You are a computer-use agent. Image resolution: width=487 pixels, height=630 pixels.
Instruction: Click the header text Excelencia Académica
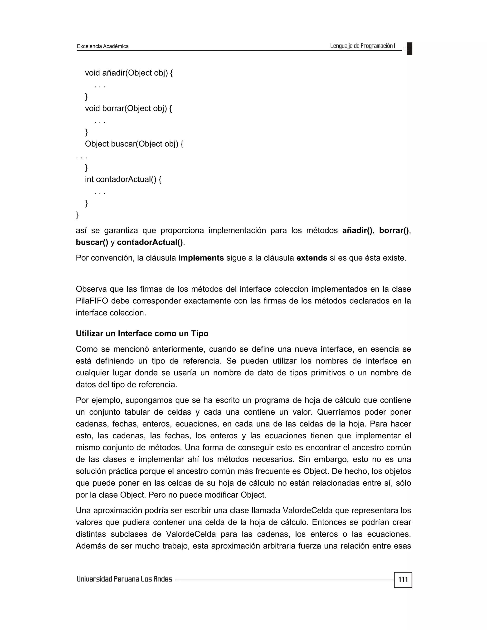tap(103, 46)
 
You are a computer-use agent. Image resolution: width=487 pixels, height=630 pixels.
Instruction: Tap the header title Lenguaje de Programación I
tap(362, 46)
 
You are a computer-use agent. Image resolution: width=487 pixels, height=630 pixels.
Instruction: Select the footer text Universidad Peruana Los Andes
tap(124, 579)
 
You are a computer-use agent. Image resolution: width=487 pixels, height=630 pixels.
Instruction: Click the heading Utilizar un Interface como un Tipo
tap(142, 334)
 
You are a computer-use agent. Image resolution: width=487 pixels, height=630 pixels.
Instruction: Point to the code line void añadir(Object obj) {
tap(129, 73)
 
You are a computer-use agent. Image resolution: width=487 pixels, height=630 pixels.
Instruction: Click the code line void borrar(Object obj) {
tap(128, 108)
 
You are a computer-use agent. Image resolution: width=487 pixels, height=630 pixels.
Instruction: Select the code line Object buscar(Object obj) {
tap(134, 144)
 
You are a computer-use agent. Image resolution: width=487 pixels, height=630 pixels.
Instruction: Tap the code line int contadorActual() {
tap(123, 179)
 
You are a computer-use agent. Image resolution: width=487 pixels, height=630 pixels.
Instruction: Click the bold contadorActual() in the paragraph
tap(150, 242)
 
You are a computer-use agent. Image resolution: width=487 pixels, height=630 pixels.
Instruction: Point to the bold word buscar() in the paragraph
tap(92, 242)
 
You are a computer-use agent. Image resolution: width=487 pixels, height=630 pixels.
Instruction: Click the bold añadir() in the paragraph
tap(357, 230)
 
